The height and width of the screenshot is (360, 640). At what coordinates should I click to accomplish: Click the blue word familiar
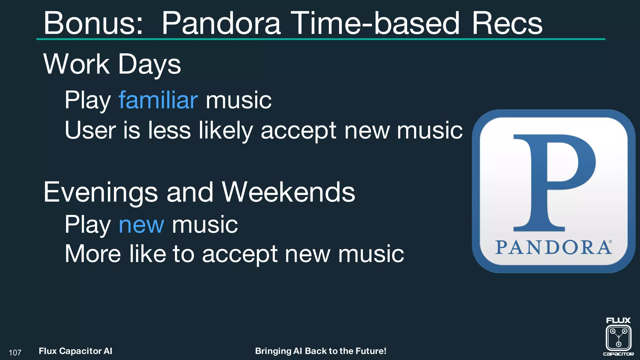158,100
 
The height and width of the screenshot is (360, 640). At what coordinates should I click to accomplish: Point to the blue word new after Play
141,225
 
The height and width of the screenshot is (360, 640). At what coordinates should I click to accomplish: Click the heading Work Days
112,64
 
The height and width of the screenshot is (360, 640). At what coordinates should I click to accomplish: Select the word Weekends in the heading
288,192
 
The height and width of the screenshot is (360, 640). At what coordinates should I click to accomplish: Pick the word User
90,130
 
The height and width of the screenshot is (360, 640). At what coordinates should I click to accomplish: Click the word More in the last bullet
93,254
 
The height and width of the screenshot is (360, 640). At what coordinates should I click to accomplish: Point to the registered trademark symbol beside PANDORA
610,242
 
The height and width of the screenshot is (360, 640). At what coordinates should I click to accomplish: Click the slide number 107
15,353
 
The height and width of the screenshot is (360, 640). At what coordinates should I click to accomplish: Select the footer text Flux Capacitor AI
75,351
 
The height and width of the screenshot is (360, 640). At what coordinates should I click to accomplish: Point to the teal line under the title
321,39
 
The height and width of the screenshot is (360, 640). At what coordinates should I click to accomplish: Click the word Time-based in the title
376,23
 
